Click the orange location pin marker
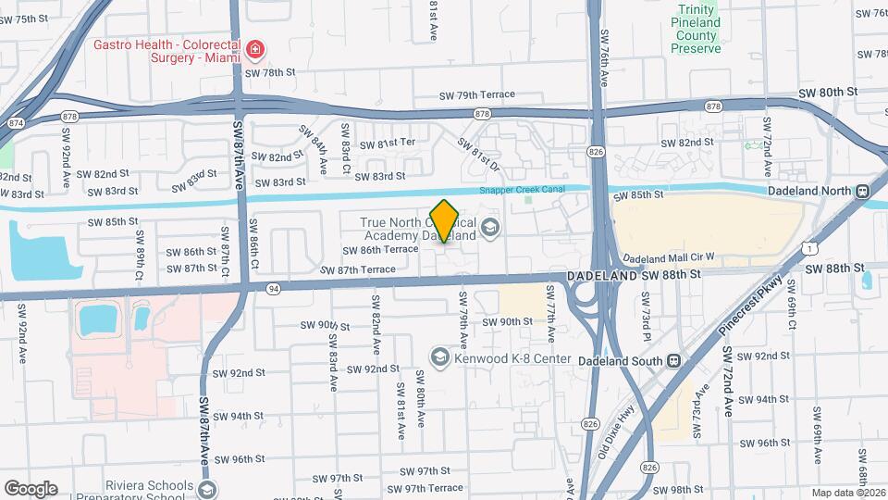[445, 221]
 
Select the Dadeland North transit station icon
[862, 192]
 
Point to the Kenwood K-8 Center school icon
[440, 356]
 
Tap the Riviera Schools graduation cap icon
[207, 488]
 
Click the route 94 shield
[273, 289]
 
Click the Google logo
[31, 488]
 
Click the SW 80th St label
[829, 92]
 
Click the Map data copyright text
[848, 493]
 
